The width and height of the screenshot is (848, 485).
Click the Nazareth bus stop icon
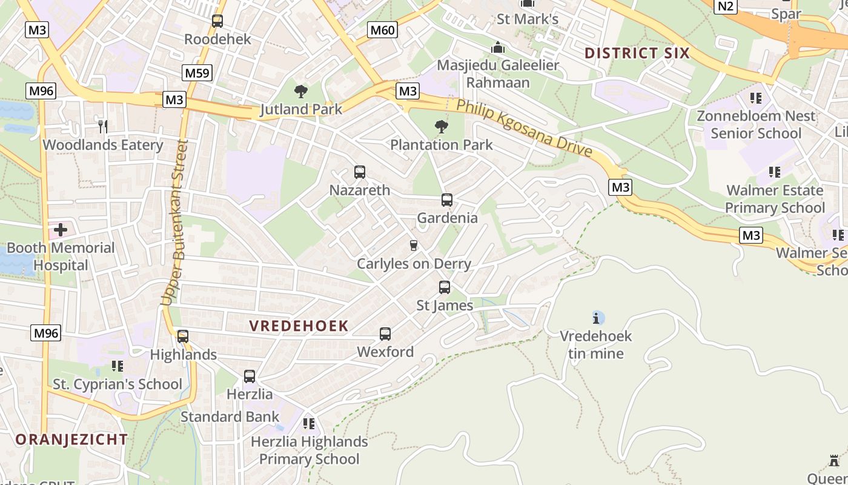click(360, 172)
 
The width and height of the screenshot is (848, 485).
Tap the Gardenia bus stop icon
click(447, 200)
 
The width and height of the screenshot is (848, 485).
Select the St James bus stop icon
click(445, 287)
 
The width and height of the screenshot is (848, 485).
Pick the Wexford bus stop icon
click(385, 334)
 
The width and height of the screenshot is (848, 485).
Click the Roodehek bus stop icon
click(217, 21)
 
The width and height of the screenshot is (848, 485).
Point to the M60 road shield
click(383, 29)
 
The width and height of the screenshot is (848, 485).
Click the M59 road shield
click(197, 73)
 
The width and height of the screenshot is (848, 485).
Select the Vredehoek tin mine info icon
click(597, 318)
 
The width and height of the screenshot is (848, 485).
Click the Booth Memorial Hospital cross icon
click(61, 230)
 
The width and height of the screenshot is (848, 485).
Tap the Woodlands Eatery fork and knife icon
click(103, 126)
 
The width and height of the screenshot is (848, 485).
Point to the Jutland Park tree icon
click(300, 92)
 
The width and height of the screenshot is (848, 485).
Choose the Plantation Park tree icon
click(442, 127)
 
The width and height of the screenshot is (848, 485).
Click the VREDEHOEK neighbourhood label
click(299, 326)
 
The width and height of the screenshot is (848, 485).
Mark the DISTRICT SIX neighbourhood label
click(637, 53)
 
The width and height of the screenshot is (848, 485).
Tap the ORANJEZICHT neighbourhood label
click(71, 440)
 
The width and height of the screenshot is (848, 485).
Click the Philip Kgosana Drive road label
click(524, 129)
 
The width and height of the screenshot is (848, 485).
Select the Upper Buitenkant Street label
click(174, 222)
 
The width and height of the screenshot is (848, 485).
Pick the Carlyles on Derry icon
click(414, 246)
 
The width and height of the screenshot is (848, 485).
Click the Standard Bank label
click(230, 417)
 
